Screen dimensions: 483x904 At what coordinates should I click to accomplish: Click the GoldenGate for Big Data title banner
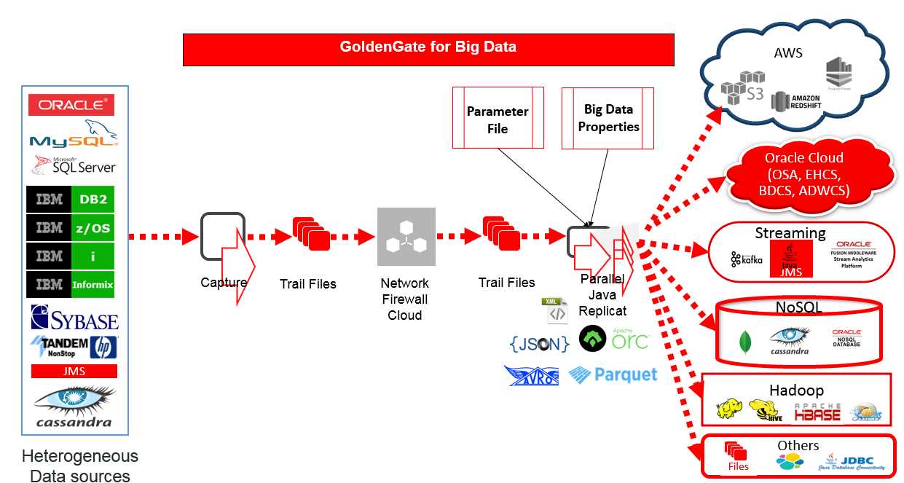coord(428,48)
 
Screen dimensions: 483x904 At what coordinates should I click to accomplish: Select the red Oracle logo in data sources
coord(71,105)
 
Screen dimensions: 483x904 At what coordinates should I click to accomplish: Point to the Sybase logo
coord(74,318)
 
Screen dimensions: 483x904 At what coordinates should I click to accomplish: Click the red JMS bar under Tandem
coord(74,371)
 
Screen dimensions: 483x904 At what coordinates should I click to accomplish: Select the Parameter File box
coord(498,118)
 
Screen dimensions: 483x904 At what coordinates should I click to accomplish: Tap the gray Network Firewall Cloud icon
coord(406,236)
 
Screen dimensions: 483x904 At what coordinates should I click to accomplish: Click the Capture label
coord(223,283)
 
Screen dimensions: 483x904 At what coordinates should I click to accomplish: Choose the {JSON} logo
coord(539,343)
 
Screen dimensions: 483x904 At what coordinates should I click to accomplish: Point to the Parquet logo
coord(613,375)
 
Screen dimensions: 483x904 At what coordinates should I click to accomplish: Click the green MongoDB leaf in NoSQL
coord(744,342)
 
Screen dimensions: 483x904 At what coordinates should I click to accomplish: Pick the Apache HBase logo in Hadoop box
coord(817,412)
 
